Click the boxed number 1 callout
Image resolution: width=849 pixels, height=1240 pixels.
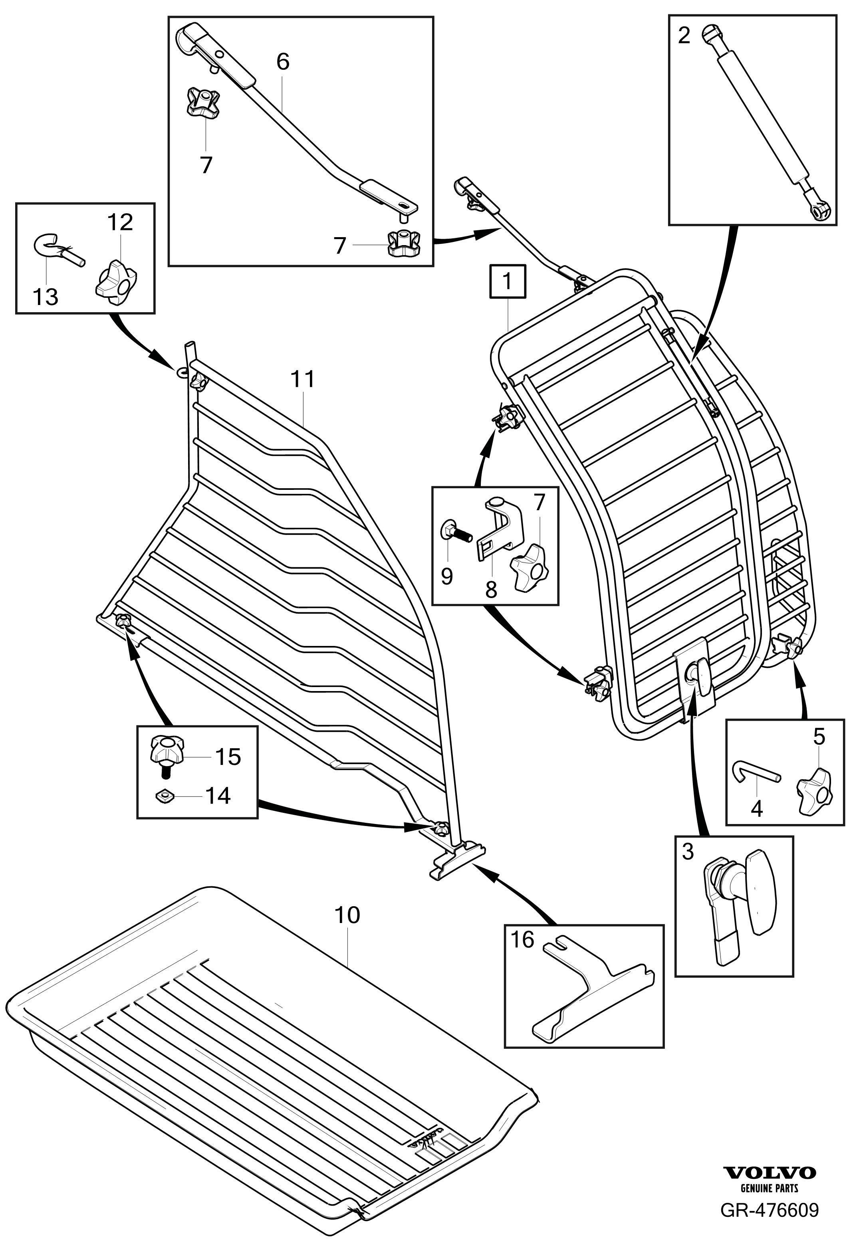tap(507, 281)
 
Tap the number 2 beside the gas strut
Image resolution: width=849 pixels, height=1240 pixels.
tap(684, 36)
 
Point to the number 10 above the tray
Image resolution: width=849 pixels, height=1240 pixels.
tap(347, 915)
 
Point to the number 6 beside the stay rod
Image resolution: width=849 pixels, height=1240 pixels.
tap(283, 62)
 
